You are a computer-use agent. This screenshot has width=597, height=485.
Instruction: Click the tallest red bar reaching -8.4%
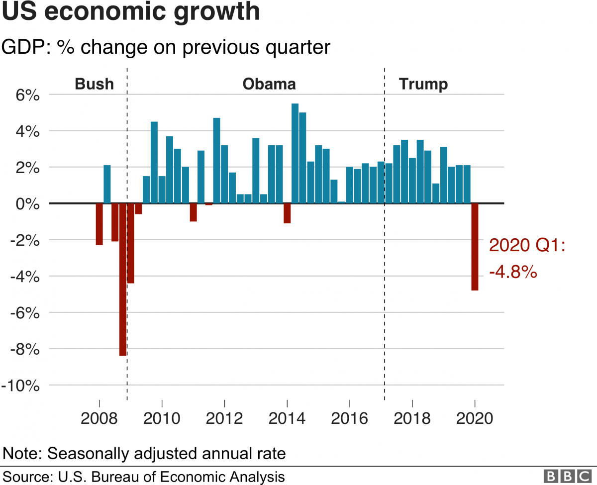[122, 279]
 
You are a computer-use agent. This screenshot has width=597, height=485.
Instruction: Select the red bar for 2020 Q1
[475, 246]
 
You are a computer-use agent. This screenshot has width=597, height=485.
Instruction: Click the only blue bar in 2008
[107, 184]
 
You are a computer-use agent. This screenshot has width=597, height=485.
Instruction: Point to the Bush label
[94, 84]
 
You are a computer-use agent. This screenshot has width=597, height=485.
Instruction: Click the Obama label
[269, 84]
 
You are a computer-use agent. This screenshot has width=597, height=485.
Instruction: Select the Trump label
[423, 84]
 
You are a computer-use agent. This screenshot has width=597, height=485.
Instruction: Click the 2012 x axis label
[225, 417]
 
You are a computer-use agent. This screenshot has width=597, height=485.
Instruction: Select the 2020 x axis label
[475, 417]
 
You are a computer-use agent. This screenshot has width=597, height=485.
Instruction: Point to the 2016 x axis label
[350, 417]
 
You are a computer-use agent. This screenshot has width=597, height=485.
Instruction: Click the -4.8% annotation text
[513, 272]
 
